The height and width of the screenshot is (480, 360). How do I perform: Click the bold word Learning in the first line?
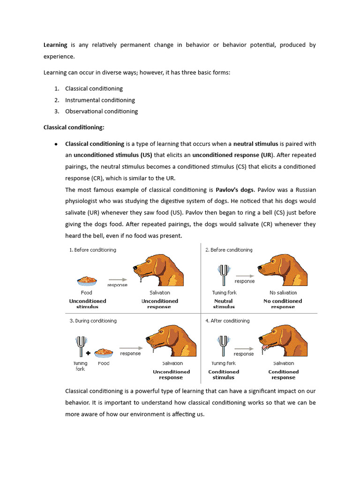coord(55,45)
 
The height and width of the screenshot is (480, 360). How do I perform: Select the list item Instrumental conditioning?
coord(100,100)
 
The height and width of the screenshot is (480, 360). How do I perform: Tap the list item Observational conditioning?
coord(101,111)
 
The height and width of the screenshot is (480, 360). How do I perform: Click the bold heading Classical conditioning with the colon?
coord(74,127)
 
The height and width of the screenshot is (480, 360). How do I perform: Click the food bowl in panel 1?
coord(87,281)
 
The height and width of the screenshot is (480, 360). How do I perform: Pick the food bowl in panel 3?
coord(104,352)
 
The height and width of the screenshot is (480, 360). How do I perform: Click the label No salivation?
coord(283,292)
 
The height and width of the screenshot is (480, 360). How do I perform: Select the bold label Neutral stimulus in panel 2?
coord(224,304)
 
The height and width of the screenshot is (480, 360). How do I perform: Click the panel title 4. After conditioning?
coord(227,321)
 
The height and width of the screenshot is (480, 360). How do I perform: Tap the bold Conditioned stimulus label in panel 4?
coord(224,375)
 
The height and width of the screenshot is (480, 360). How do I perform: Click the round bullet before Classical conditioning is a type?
coord(56,144)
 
